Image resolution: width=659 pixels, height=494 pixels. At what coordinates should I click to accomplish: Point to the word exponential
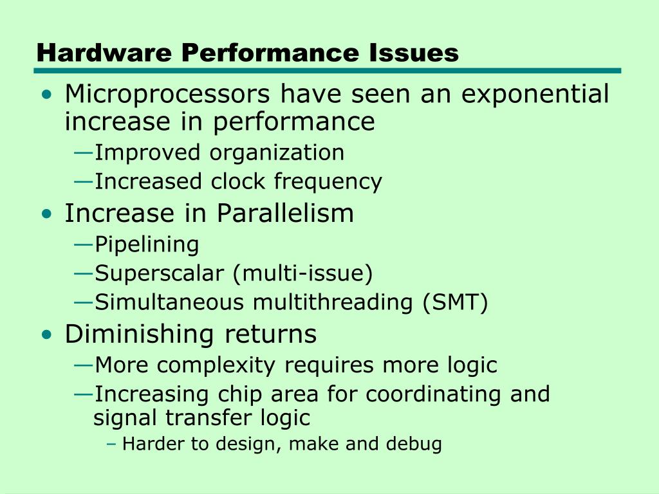point(535,95)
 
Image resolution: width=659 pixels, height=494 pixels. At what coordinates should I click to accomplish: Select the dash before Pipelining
point(83,244)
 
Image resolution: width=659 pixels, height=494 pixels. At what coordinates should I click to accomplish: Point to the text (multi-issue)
point(303,274)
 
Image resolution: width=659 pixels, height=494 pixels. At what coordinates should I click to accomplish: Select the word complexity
point(216,365)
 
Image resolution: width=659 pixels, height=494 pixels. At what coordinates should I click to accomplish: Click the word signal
point(126,418)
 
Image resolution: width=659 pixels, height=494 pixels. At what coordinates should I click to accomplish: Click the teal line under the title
point(328,71)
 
